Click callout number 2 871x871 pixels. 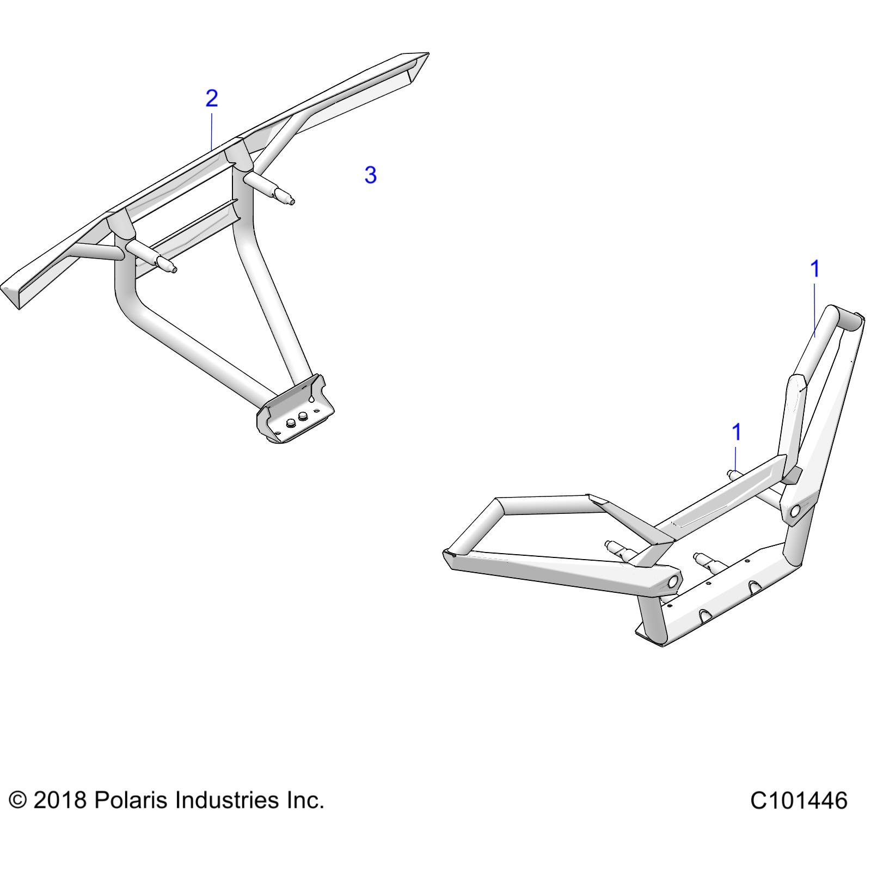coord(212,98)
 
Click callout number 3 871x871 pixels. coord(370,175)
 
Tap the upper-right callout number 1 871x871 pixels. coord(814,268)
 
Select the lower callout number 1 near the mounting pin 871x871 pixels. coord(736,432)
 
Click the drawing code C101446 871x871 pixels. coord(798,801)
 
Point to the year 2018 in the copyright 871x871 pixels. coord(60,800)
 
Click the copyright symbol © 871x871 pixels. coord(18,800)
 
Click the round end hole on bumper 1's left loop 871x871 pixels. coord(673,581)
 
